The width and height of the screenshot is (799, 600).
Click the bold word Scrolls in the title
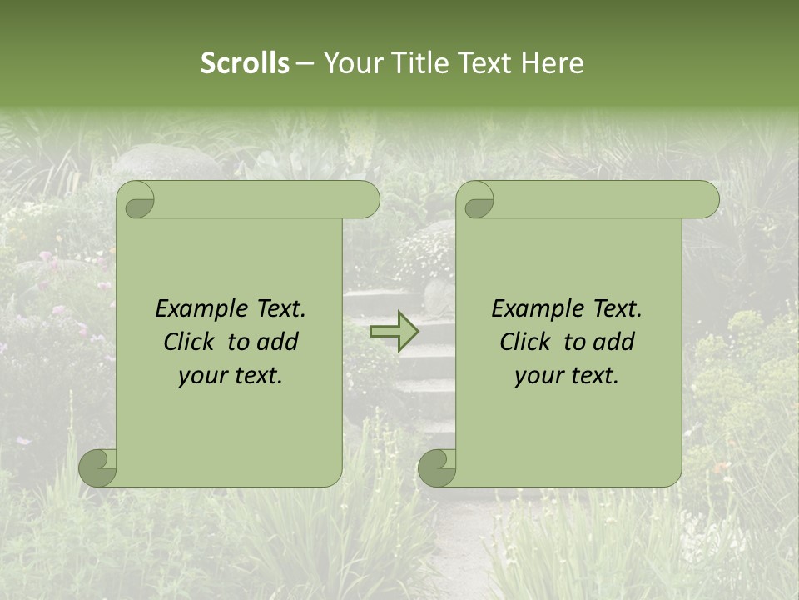245,63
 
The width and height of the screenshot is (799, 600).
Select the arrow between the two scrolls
395,331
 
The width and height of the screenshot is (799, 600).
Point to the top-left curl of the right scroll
478,201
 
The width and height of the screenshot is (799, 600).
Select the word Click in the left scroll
188,342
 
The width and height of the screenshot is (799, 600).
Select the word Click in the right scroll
524,342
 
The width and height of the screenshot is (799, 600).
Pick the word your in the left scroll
201,376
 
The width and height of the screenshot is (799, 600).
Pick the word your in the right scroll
538,376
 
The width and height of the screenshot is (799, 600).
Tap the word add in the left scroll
278,342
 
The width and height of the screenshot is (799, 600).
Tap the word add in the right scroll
614,342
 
